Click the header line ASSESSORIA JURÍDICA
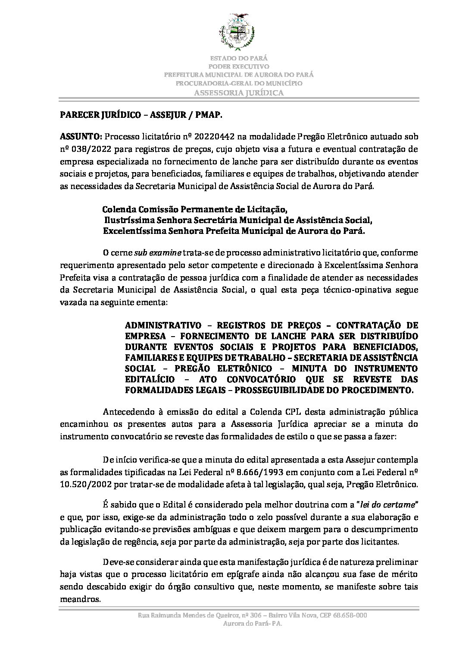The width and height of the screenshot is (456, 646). point(239,93)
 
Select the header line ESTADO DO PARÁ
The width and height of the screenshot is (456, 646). point(239,58)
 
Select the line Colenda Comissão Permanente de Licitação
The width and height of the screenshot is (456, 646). point(195,210)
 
